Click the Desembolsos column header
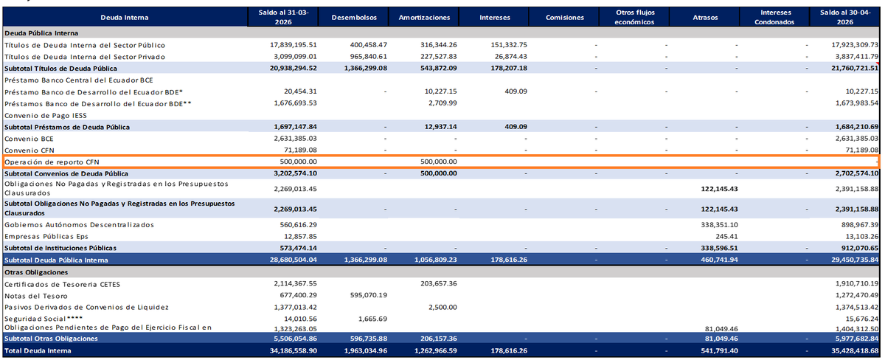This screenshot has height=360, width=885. (x=354, y=18)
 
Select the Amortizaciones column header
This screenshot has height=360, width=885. (x=424, y=18)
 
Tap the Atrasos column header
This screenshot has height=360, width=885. (x=705, y=18)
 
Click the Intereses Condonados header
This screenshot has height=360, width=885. (x=774, y=18)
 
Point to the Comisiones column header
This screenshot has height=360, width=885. (x=565, y=18)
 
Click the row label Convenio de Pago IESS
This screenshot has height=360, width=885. (x=46, y=115)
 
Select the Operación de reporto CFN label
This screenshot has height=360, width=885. (x=52, y=162)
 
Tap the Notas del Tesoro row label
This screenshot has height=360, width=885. (x=36, y=296)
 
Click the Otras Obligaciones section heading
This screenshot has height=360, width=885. (x=36, y=272)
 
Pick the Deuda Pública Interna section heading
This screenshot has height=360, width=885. (x=41, y=33)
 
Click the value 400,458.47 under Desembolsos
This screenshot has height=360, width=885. (x=368, y=45)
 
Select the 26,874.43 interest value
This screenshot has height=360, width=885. (x=510, y=57)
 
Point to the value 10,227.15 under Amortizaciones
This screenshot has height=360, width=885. (x=440, y=91)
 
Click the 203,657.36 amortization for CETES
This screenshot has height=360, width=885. (x=439, y=284)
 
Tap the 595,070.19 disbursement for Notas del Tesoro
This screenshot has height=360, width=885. (x=368, y=295)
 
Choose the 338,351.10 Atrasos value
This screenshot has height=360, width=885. (x=719, y=225)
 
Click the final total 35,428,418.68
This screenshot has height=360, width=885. (x=855, y=351)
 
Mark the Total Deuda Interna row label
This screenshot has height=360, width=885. (x=38, y=351)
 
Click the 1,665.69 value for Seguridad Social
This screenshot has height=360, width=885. (x=372, y=319)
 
